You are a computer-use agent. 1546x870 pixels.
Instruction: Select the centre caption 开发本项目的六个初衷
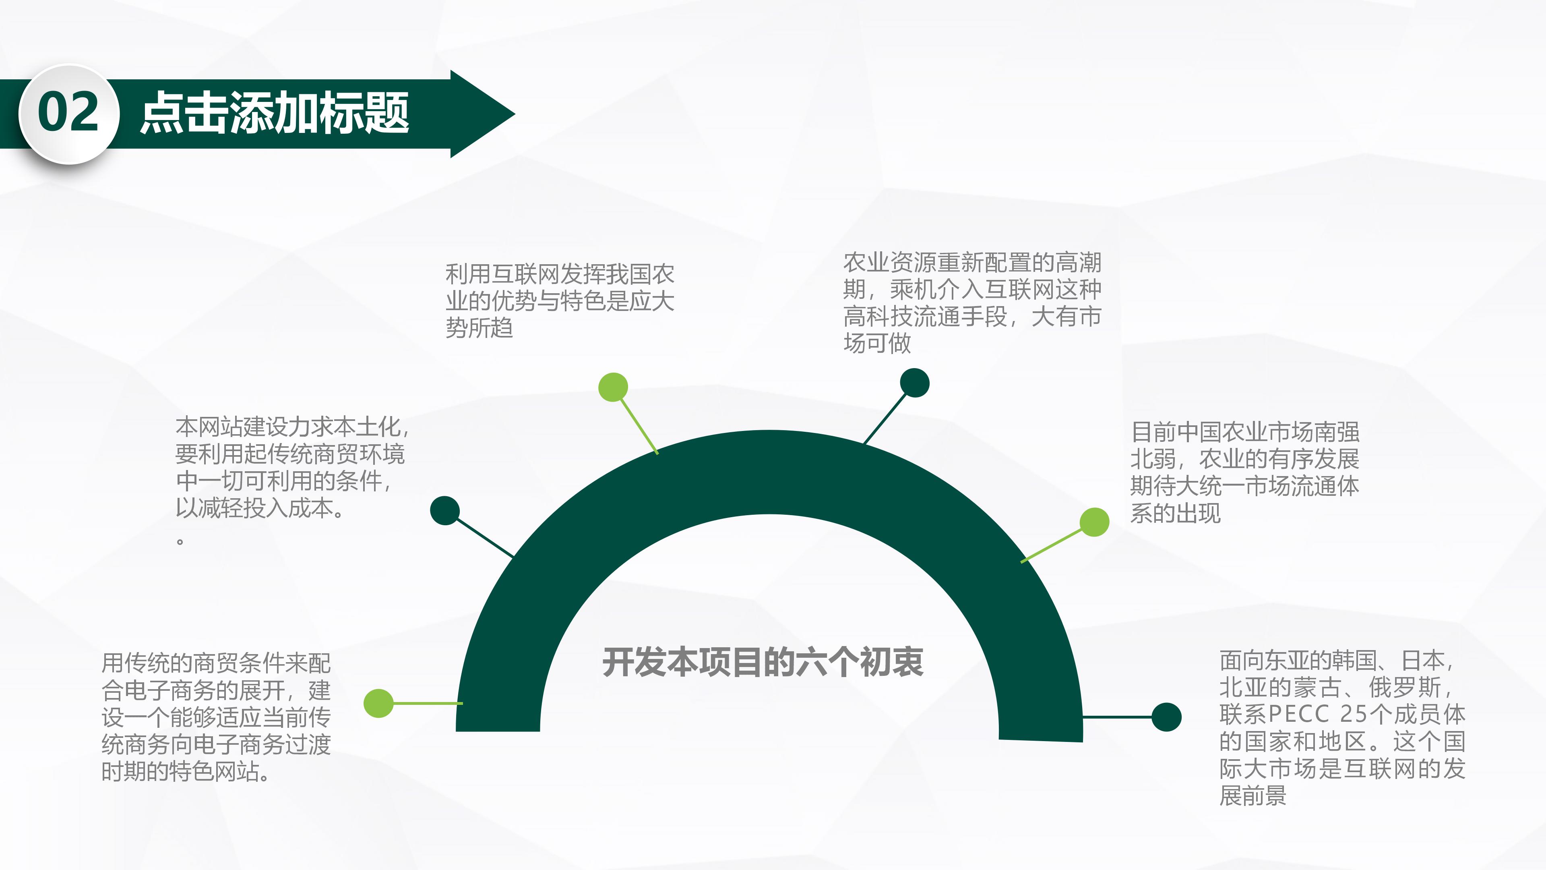(763, 662)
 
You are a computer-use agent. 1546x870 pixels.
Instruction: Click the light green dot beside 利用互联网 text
(613, 387)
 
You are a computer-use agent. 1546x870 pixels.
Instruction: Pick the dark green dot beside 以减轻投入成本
(445, 510)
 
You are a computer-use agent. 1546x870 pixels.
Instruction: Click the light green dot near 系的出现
(1094, 522)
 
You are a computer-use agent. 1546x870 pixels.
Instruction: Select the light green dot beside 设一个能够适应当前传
(379, 703)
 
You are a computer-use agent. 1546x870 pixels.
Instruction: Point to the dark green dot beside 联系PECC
(1166, 717)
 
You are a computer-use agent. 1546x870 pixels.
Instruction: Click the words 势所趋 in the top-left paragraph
(479, 328)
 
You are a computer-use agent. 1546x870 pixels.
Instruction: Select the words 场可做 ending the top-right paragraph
(877, 344)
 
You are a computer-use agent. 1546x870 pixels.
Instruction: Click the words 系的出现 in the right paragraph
(1175, 514)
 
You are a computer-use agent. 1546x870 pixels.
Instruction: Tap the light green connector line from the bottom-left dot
(427, 703)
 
